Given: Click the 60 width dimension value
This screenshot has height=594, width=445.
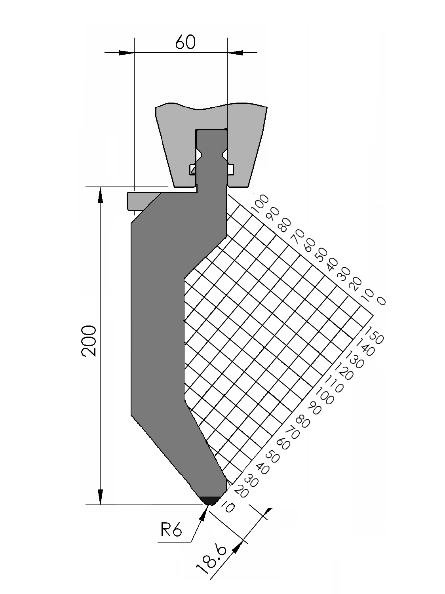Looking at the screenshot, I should pos(185,42).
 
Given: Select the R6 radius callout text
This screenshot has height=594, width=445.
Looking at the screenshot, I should pos(171,530).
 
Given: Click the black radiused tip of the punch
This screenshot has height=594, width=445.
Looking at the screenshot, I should pos(211,500).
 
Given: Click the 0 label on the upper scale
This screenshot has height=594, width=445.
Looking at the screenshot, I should pos(381,301).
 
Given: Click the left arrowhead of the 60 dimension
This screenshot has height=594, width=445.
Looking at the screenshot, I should pos(126,52).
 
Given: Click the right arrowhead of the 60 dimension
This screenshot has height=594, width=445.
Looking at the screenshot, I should pos(236,52).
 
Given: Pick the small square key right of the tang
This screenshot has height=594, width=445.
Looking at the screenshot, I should pos(230,169).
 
